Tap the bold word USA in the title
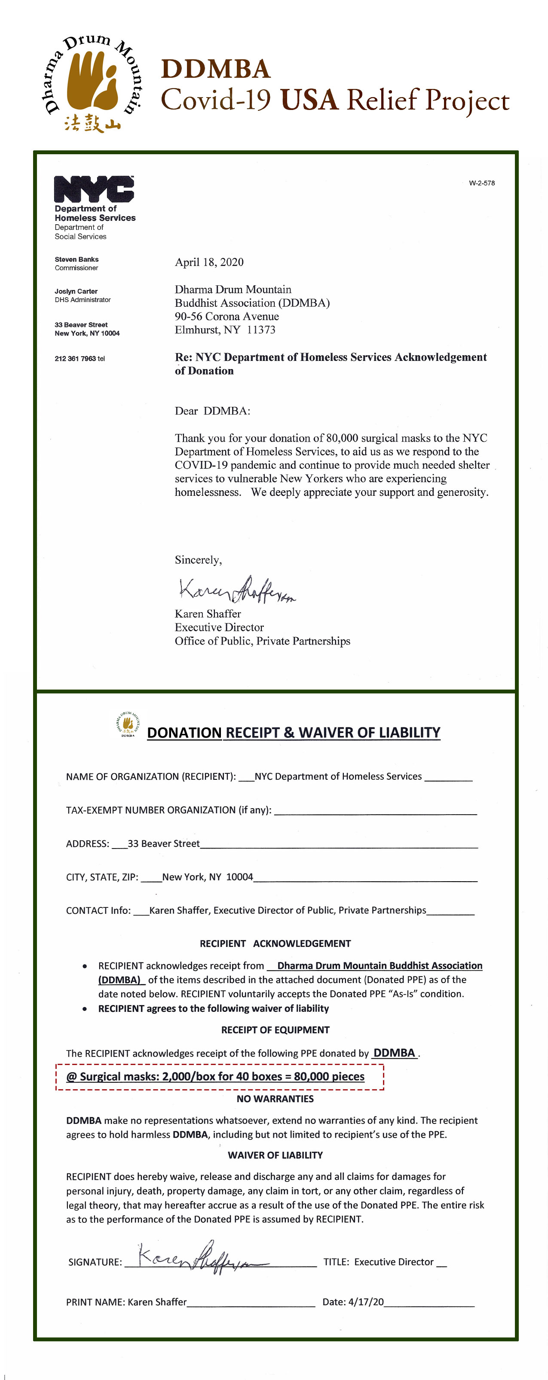pyautogui.click(x=309, y=100)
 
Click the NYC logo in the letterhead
pyautogui.click(x=94, y=189)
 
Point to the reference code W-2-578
pyautogui.click(x=481, y=183)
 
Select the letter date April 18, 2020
pyautogui.click(x=209, y=262)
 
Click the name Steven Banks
pyautogui.click(x=77, y=259)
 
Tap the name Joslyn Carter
pyautogui.click(x=76, y=291)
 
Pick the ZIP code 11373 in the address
pyautogui.click(x=261, y=330)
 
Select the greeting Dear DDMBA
pyautogui.click(x=212, y=411)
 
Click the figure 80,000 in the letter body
pyautogui.click(x=342, y=438)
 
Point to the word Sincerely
pyautogui.click(x=198, y=560)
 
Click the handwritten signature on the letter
pyautogui.click(x=236, y=590)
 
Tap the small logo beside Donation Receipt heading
pyautogui.click(x=128, y=725)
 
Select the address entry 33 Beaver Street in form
pyautogui.click(x=163, y=844)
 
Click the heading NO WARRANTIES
pyautogui.click(x=275, y=1099)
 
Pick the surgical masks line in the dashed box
pyautogui.click(x=215, y=1077)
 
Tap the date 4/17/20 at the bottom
pyautogui.click(x=366, y=1302)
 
